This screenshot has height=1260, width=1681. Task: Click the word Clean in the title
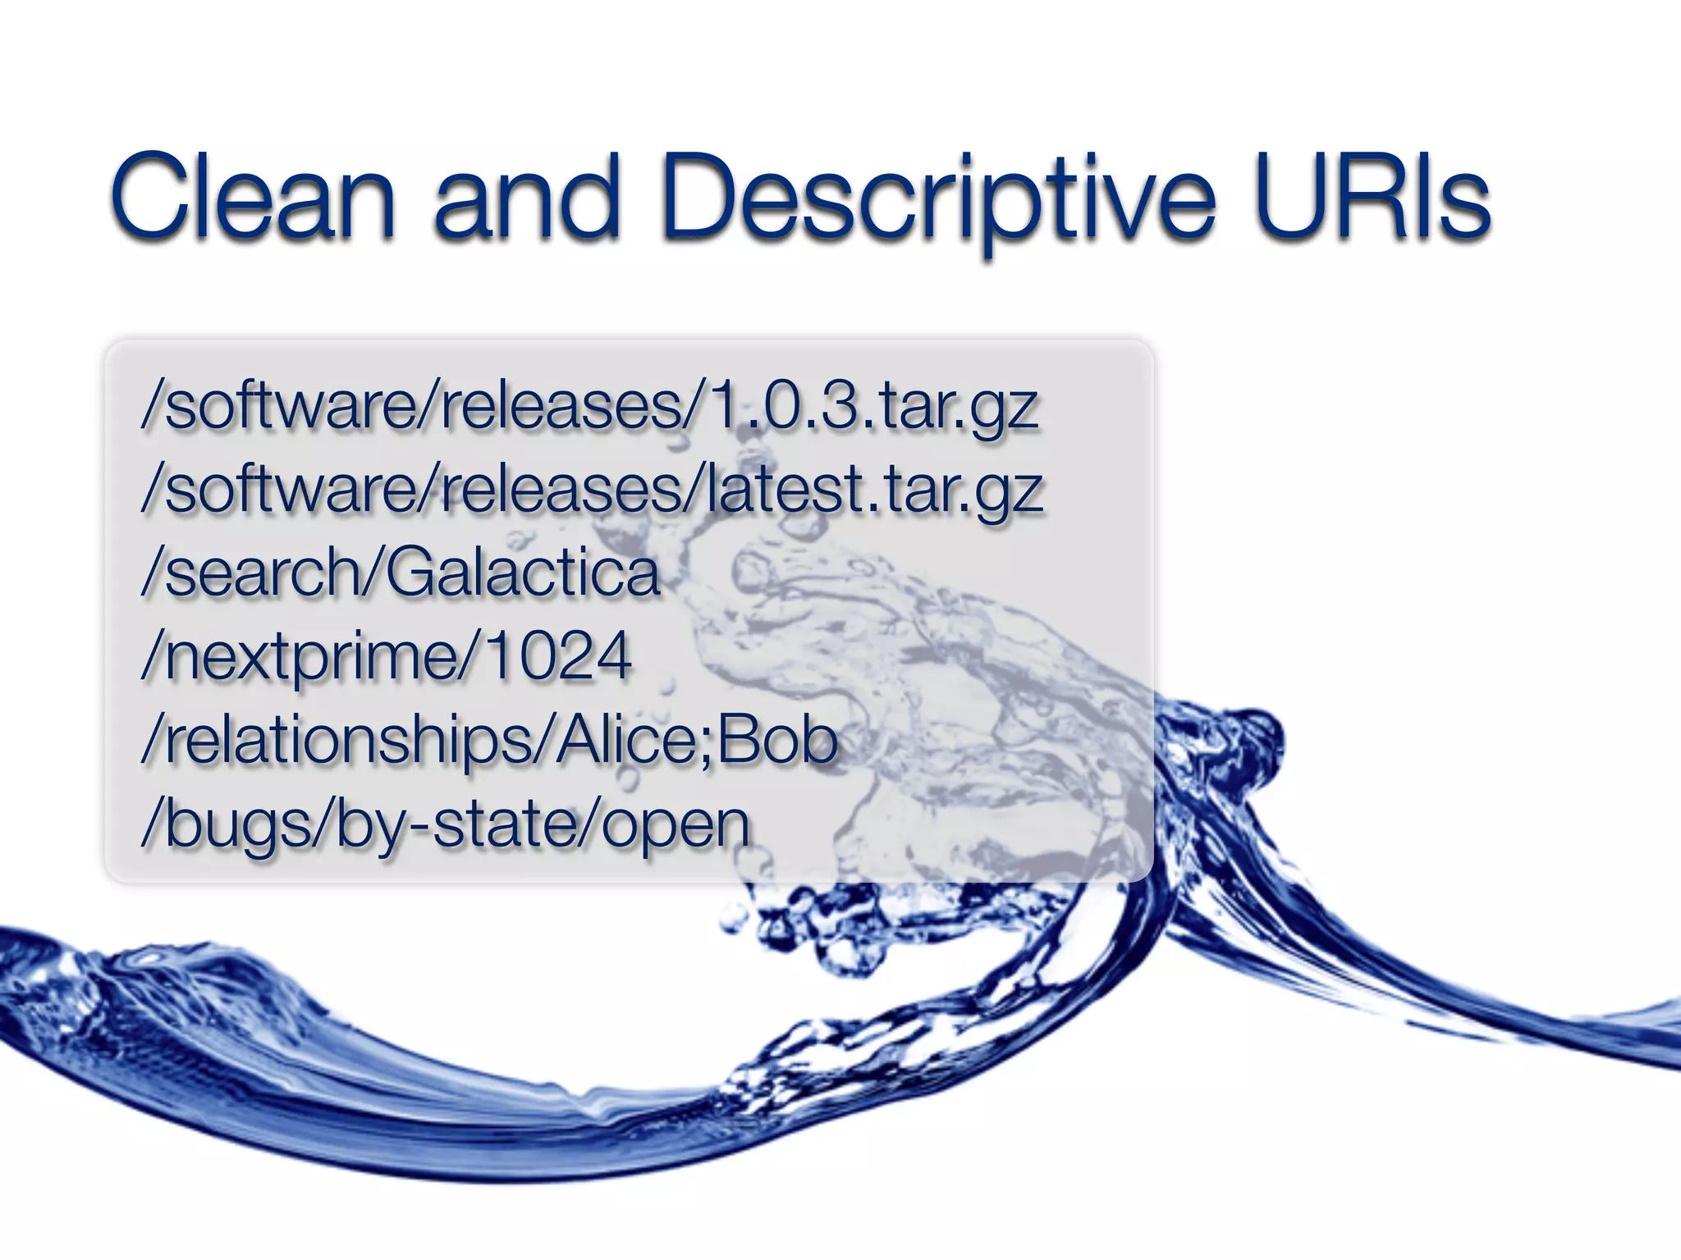click(253, 197)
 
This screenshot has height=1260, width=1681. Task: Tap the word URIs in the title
click(1371, 197)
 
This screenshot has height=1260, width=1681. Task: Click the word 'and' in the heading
click(525, 197)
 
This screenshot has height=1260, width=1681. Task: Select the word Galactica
click(522, 573)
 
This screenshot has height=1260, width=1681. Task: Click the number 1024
click(558, 656)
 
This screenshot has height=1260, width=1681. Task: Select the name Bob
click(777, 740)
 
